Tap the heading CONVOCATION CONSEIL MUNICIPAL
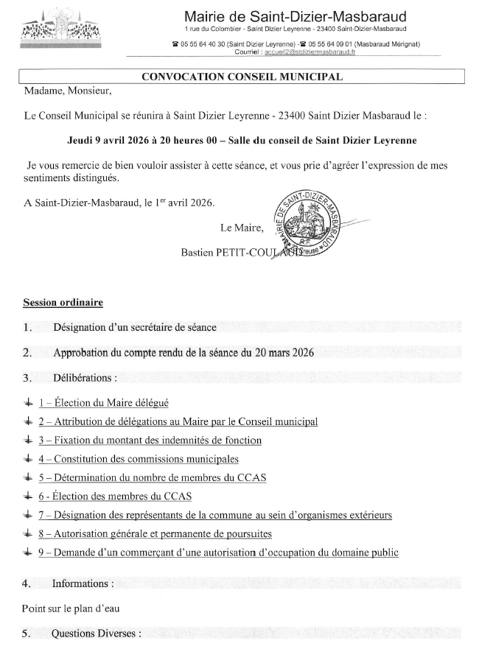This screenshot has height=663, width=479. (x=242, y=77)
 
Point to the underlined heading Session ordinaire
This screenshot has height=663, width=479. (x=63, y=303)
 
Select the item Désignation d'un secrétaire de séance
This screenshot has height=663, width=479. (x=135, y=328)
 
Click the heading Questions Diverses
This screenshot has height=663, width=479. (x=96, y=634)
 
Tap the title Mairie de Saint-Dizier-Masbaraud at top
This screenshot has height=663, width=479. (x=295, y=16)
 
